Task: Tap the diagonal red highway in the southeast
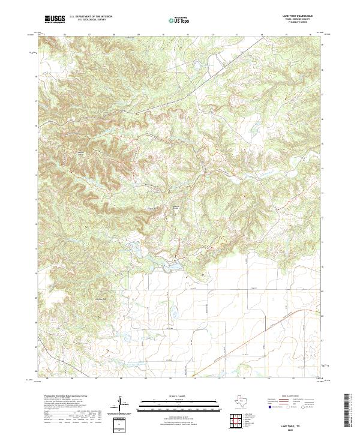[x=282, y=324]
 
